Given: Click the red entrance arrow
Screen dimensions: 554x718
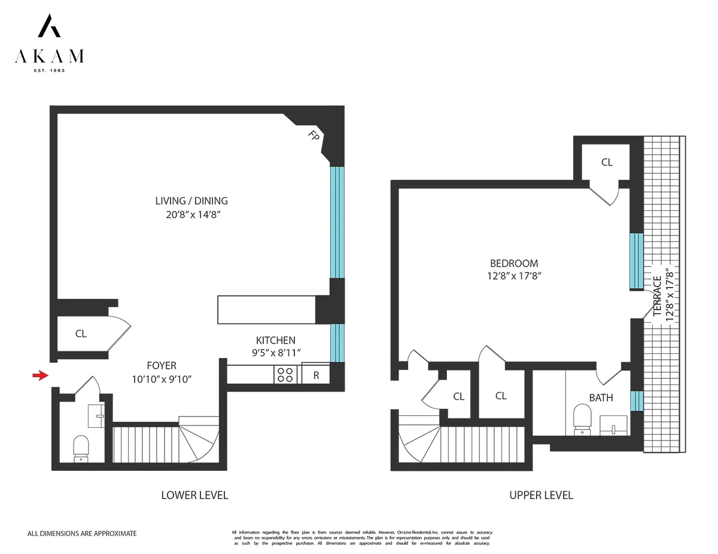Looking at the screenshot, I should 40,375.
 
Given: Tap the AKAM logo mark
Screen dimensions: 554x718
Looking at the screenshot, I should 49,26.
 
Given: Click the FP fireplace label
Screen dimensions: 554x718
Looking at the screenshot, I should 313,135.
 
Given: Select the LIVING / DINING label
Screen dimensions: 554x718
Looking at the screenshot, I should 191,201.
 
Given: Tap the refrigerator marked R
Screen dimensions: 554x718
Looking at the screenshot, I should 316,375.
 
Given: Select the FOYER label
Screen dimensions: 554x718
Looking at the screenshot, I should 162,365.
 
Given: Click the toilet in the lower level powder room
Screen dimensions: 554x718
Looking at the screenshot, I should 81,448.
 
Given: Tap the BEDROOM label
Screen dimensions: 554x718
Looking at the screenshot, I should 514,263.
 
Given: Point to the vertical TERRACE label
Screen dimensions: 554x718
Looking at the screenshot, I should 658,296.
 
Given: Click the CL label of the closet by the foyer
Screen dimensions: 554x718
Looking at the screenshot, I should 81,334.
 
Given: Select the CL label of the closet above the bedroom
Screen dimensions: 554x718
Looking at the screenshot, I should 607,162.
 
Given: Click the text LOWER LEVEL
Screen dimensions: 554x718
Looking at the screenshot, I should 194,495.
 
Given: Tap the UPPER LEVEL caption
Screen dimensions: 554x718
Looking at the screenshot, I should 541,495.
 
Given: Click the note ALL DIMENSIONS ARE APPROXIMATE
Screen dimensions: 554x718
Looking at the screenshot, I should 83,533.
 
